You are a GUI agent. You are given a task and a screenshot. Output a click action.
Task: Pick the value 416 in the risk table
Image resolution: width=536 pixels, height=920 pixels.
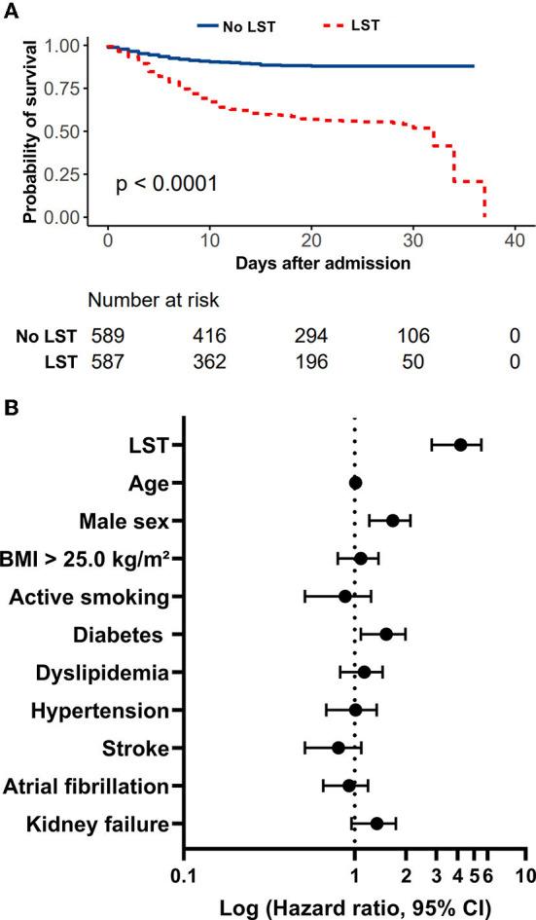[208, 337]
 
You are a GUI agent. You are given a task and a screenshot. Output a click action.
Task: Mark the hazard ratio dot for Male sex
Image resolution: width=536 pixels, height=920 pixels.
[393, 521]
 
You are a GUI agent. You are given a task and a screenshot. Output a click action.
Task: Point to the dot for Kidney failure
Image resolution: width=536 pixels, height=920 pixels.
[376, 824]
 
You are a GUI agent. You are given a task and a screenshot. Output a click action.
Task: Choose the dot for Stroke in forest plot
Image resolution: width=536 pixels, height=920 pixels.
[339, 748]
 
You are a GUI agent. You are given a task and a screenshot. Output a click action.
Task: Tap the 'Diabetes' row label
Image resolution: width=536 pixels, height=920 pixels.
[117, 635]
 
